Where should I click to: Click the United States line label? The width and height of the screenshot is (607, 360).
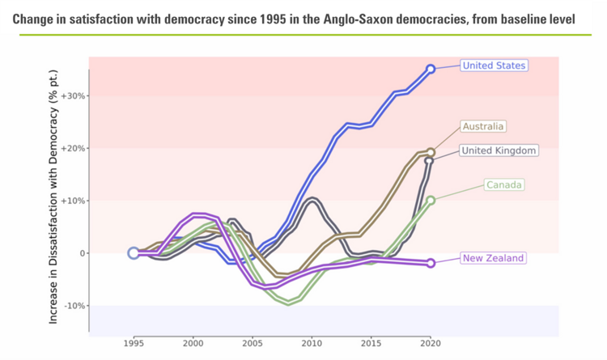point(494,66)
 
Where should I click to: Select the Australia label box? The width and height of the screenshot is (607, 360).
point(483,126)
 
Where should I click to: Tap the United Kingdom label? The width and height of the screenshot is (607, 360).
point(499,150)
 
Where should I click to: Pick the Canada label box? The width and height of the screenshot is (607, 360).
point(504,185)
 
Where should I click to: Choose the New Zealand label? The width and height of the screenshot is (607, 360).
point(493,258)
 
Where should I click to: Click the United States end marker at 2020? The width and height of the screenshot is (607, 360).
point(431,70)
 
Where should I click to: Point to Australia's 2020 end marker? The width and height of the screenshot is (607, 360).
point(431,152)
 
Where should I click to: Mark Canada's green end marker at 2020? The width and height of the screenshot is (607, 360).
point(431,200)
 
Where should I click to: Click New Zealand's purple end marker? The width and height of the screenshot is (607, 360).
point(431,263)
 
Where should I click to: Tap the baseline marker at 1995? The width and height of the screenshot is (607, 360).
point(134,253)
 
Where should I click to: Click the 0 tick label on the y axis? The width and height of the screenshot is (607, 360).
point(81,253)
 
